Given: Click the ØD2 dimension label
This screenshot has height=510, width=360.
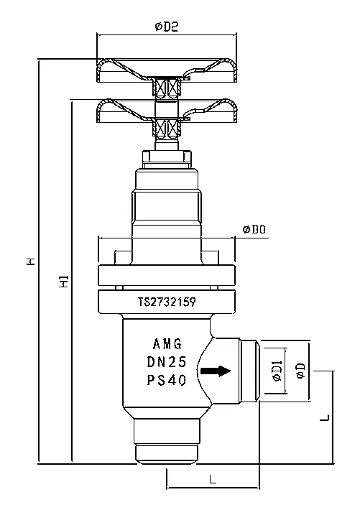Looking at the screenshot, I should [166, 27].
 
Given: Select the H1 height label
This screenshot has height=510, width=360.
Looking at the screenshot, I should [64, 281].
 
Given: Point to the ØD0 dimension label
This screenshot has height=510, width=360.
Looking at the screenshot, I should [254, 229].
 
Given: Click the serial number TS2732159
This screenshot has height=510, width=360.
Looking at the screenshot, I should [166, 302].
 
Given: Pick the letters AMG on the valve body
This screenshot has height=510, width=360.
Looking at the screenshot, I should [167, 344].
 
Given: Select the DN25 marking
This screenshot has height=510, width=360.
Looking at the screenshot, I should [167, 362].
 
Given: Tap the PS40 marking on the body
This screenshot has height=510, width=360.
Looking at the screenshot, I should [167, 381].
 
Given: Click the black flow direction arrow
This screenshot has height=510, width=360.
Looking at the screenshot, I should [216, 371].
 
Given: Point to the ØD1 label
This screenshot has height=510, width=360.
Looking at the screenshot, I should [276, 371].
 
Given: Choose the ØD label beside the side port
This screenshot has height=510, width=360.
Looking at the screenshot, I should [300, 371].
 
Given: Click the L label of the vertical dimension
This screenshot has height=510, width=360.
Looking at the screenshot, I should [325, 417].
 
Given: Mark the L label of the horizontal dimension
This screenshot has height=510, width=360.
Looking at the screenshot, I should [213, 479].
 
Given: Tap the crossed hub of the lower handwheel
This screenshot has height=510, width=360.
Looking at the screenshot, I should [167, 129].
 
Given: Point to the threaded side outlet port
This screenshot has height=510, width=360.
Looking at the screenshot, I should [249, 371].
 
